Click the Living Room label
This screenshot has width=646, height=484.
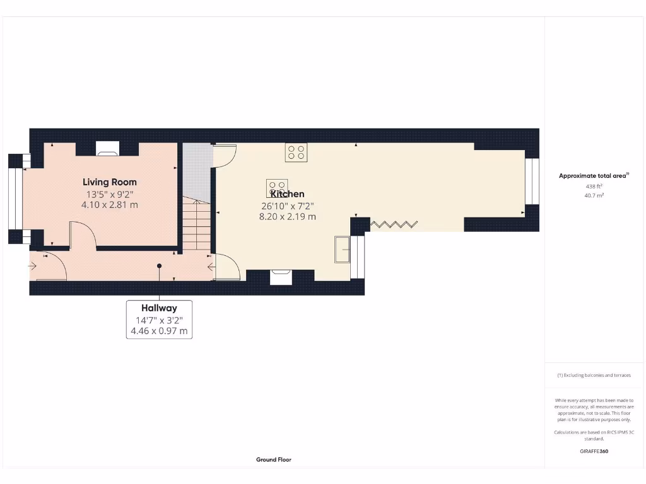coord(110,182)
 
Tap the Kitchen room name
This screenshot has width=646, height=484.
coord(288,194)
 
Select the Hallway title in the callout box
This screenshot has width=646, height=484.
coord(159,308)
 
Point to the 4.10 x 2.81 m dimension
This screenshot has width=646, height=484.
coord(110,205)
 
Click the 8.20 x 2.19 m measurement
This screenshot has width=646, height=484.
coord(288,216)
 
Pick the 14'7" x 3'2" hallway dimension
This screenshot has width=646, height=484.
coord(159,320)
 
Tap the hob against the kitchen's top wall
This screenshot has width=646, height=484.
coord(297,152)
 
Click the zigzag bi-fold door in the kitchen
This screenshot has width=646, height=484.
coord(394,224)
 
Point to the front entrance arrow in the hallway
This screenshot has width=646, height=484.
coord(32,266)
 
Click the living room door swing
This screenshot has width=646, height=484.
coord(83,237)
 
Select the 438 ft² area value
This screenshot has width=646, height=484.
coord(594,187)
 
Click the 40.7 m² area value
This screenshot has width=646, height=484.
coord(594,195)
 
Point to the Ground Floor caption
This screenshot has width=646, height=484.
coord(273,460)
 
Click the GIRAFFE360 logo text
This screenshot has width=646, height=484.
coord(594,451)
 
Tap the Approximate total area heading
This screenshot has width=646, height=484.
coord(593,176)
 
